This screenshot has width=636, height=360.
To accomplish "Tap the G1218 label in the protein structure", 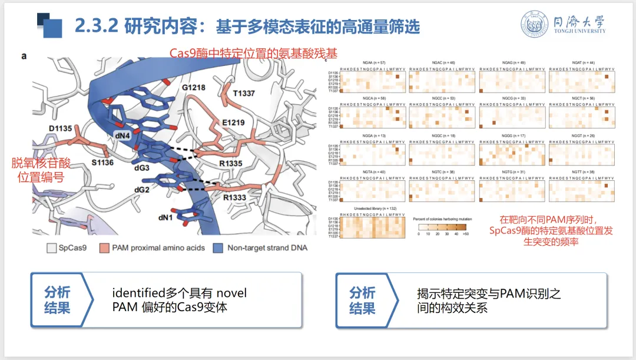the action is click(193, 88).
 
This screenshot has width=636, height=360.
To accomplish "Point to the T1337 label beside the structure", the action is click(244, 94).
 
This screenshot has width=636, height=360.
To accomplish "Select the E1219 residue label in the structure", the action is click(233, 122).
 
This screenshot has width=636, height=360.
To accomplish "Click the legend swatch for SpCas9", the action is click(51, 248).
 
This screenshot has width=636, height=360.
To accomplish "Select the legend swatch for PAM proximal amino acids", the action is click(104, 248).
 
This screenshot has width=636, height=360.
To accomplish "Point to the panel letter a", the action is click(24, 56).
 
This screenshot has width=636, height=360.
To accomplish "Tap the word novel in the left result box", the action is click(231, 293).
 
